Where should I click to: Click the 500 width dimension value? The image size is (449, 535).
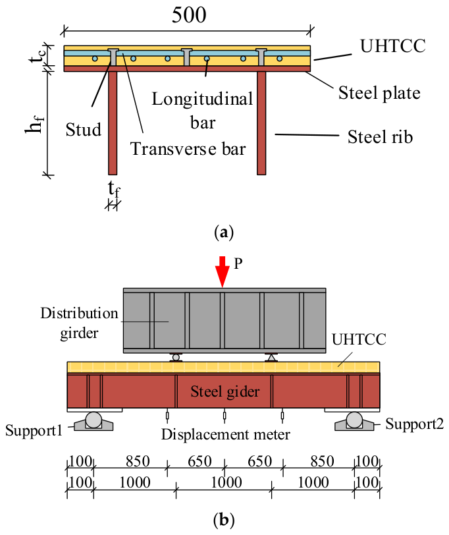click(x=189, y=15)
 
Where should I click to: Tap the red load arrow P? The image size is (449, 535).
click(x=223, y=272)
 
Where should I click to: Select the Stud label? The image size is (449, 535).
click(x=84, y=130)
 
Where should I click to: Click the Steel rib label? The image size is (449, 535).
click(x=380, y=137)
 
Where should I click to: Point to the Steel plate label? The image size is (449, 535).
click(x=379, y=93)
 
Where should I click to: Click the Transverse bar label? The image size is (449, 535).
click(x=188, y=149)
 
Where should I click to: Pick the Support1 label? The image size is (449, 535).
click(x=34, y=430)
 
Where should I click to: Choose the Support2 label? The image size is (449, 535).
click(x=415, y=424)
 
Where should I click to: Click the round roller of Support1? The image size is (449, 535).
click(x=93, y=420)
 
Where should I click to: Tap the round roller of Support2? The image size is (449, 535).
click(x=355, y=420)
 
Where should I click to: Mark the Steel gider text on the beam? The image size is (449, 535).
click(x=225, y=391)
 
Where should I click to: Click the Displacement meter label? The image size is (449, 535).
click(x=225, y=435)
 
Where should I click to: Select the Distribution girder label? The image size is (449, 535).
click(x=80, y=323)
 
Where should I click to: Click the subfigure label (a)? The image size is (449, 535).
click(x=224, y=233)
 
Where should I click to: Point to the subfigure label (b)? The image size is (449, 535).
click(x=224, y=521)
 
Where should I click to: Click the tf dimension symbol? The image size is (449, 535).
click(x=114, y=188)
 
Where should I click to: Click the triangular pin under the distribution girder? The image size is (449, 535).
click(x=271, y=358)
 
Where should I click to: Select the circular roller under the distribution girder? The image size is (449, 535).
click(x=176, y=358)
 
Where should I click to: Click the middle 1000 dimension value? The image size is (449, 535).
click(x=226, y=483)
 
